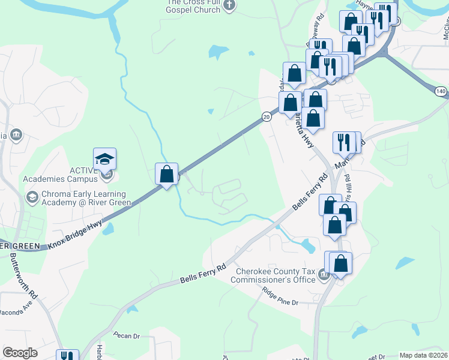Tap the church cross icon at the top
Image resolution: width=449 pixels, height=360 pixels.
pyautogui.click(x=229, y=5)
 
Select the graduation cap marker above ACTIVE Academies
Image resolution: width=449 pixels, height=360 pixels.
pyautogui.click(x=105, y=160)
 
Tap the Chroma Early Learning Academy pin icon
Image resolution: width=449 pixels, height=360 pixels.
pyautogui.click(x=32, y=197)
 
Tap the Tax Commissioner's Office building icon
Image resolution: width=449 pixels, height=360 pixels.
pyautogui.click(x=324, y=275)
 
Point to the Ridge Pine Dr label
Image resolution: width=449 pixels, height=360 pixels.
pyautogui.click(x=280, y=297)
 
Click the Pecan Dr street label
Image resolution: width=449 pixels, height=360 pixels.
pyautogui.click(x=126, y=336)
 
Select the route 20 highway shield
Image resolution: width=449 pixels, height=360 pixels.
pyautogui.click(x=266, y=118)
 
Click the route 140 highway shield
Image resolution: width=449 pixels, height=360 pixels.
pyautogui.click(x=441, y=91)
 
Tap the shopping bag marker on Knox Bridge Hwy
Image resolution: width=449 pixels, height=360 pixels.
pyautogui.click(x=166, y=175)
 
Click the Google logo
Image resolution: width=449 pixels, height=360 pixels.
pyautogui.click(x=20, y=353)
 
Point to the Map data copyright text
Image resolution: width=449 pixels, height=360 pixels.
pyautogui.click(x=423, y=356)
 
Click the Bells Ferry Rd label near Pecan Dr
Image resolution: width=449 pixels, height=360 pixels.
pyautogui.click(x=204, y=274)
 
